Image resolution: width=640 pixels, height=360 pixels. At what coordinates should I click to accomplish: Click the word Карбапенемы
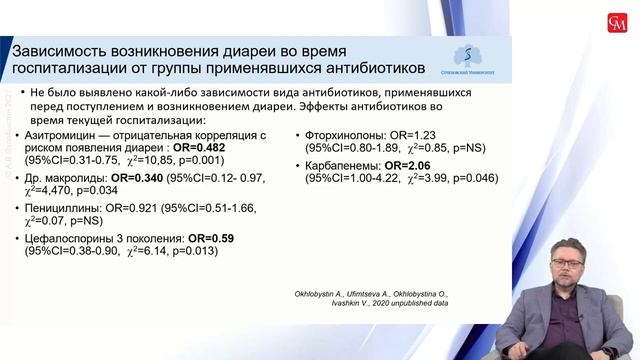(x=337, y=164)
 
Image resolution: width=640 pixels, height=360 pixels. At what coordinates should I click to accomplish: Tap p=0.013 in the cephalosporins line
(x=191, y=253)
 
